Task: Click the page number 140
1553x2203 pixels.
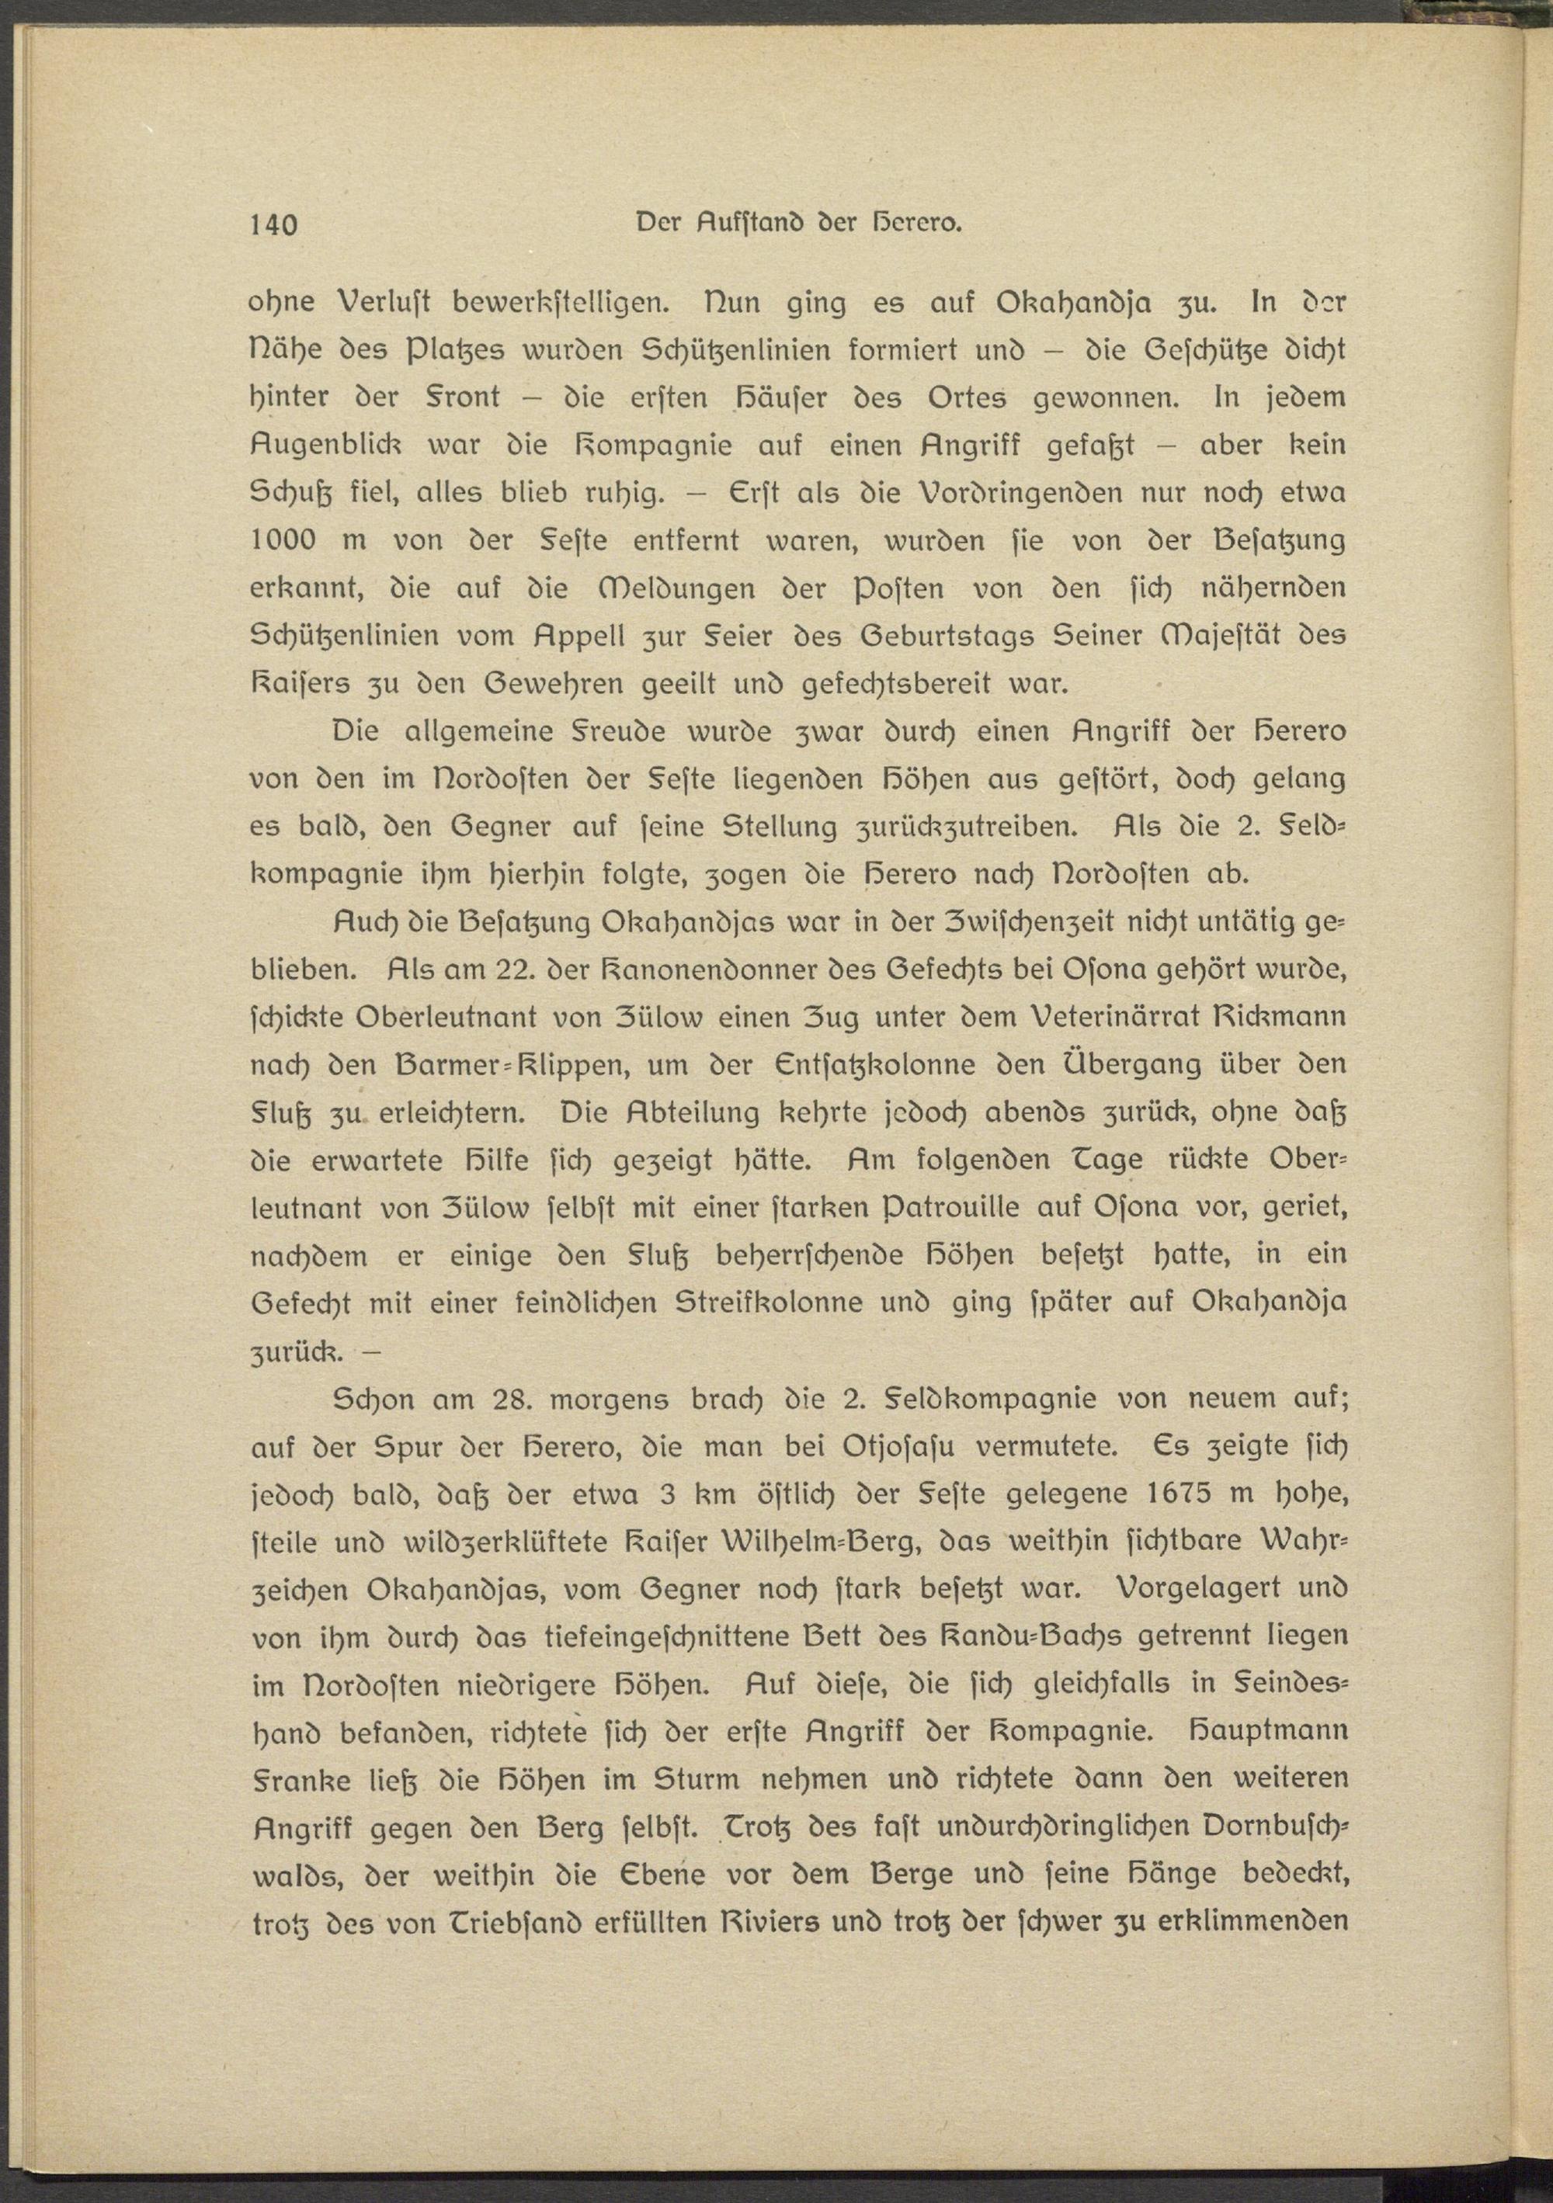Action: (273, 225)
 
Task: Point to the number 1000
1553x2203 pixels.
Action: (283, 540)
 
